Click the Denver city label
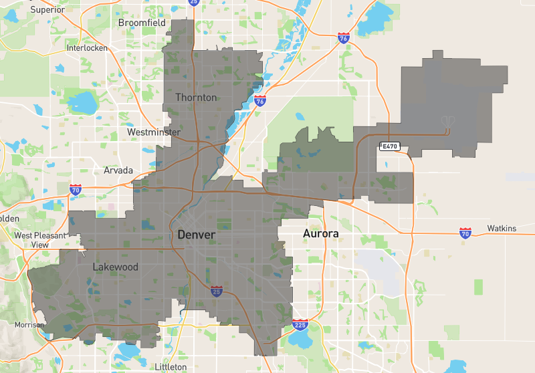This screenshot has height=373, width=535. (x=196, y=235)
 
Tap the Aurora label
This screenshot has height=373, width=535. (x=321, y=233)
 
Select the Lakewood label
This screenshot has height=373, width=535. (x=116, y=267)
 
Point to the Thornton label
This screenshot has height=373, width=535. (x=196, y=98)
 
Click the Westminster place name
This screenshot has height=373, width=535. (x=154, y=132)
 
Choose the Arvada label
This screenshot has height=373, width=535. (x=118, y=170)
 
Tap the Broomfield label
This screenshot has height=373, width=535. (x=142, y=23)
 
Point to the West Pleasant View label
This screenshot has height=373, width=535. (x=40, y=240)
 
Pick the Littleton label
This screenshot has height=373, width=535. (x=171, y=367)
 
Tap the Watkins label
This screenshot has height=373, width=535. (x=502, y=229)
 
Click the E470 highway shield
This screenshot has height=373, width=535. (x=389, y=146)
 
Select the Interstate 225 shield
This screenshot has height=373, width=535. (x=300, y=325)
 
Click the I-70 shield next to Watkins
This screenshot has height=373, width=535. (x=465, y=233)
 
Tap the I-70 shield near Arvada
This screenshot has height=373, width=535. (x=75, y=191)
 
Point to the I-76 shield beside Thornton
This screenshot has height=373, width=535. (x=260, y=101)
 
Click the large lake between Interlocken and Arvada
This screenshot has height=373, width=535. (x=83, y=102)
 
